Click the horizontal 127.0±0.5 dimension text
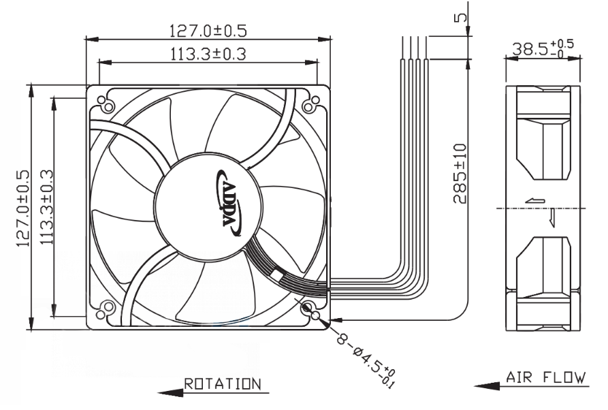coord(208,30)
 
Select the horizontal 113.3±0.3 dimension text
coord(208,54)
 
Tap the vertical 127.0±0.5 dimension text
coord(22,208)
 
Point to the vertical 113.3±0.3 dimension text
coord(46,207)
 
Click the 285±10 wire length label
coord(460,174)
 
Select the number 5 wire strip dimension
coord(461,18)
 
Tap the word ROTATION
coord(222,383)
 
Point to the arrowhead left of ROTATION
coord(170,392)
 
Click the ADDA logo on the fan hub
coord(229,203)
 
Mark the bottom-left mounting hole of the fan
coord(106,309)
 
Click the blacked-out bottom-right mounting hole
coord(306,309)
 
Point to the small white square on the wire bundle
coord(277,275)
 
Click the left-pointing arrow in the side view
coord(535,201)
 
